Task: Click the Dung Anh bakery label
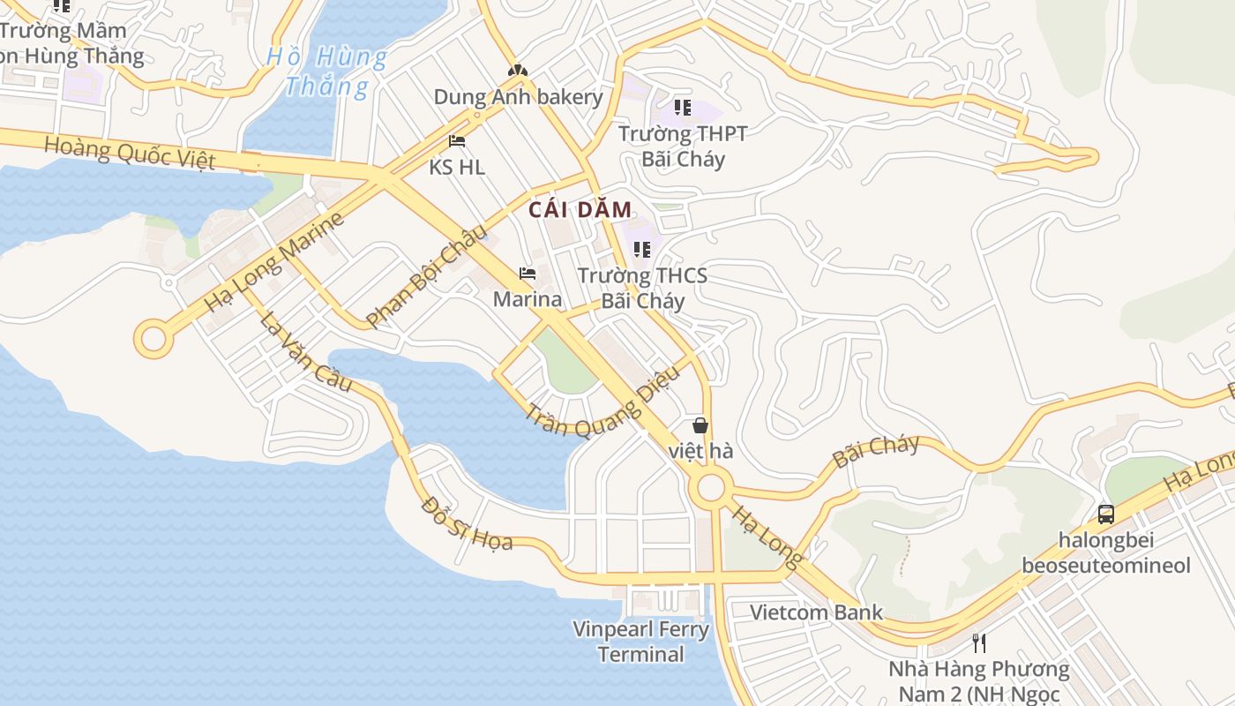518,96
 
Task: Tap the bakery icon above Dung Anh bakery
518,70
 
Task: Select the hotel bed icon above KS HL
457,140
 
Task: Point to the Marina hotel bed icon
528,274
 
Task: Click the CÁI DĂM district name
580,210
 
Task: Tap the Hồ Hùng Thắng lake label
326,71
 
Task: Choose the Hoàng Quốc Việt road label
130,153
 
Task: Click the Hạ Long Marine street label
273,261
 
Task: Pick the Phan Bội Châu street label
426,276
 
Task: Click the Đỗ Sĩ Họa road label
467,523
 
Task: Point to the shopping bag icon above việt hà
700,425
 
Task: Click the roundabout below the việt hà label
710,487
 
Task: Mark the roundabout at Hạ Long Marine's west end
153,339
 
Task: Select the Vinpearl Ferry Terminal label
640,642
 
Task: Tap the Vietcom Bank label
816,612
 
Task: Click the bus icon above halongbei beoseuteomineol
1105,514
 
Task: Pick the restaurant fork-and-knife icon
978,642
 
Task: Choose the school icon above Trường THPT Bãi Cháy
682,108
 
